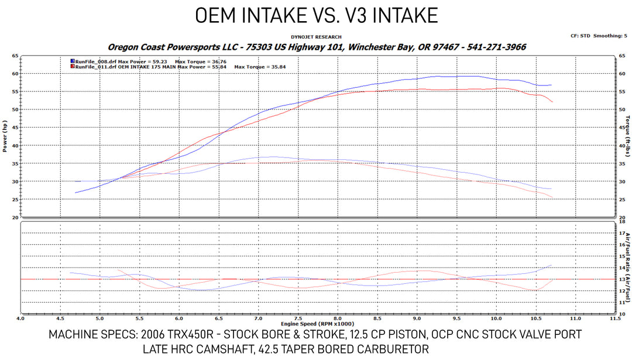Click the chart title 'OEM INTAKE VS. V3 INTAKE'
[x=316, y=15]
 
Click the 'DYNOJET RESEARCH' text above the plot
[x=316, y=37]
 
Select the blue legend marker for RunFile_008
[x=72, y=60]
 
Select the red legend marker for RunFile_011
[x=72, y=67]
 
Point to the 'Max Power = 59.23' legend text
[x=136, y=60]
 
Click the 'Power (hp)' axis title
[x=5, y=136]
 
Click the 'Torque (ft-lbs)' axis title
[x=627, y=136]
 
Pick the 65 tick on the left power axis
[x=14, y=56]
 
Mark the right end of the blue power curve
[x=551, y=85]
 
